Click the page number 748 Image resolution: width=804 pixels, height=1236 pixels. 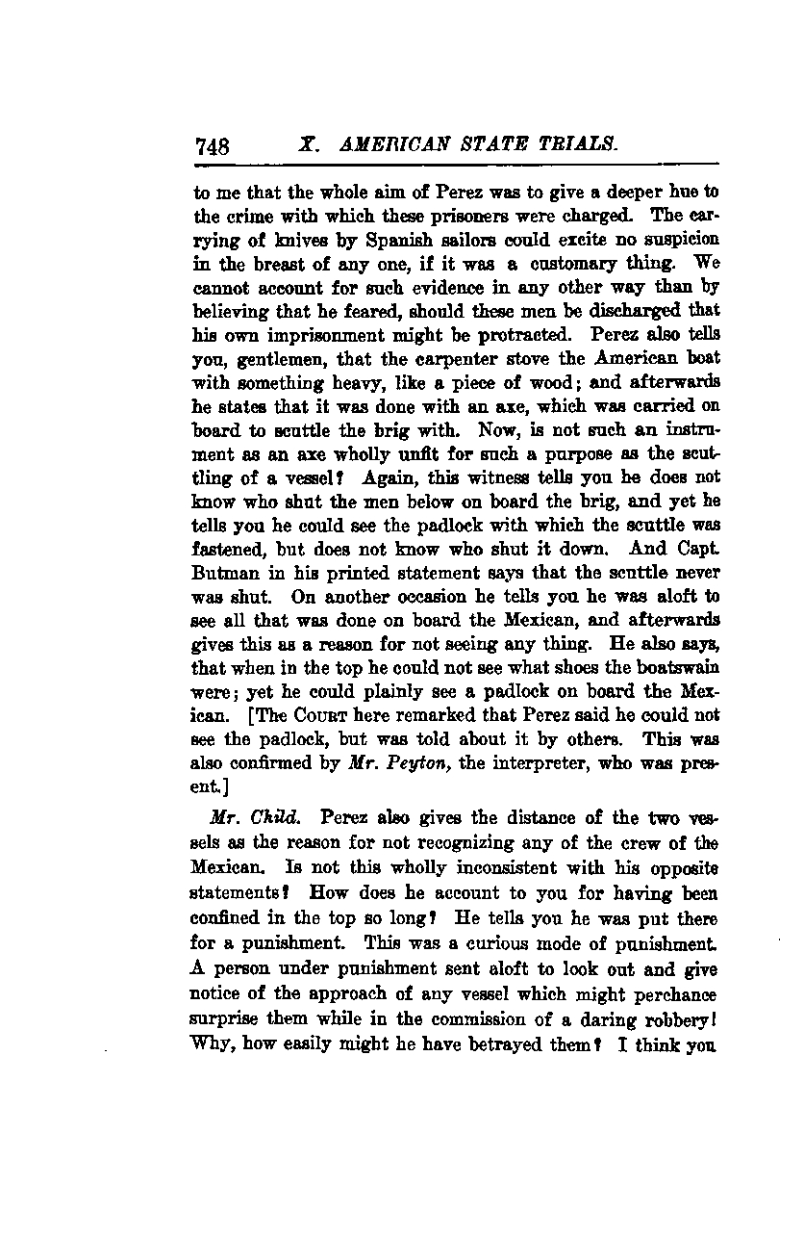(213, 147)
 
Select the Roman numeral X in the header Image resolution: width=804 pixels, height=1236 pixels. (307, 144)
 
